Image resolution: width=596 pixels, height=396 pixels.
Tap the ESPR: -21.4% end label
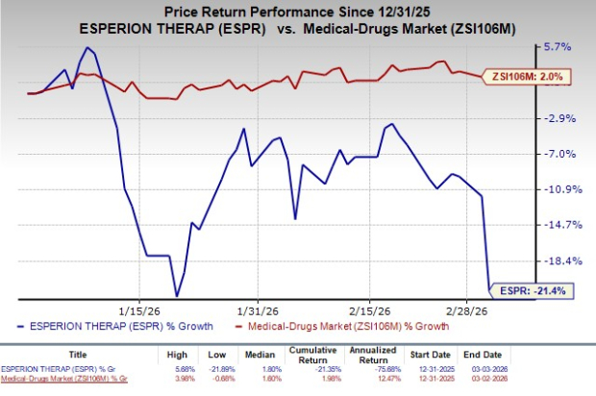pos(534,288)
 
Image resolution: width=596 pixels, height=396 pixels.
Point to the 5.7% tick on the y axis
pos(559,46)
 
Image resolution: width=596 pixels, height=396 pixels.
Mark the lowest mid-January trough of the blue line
pos(176,295)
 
